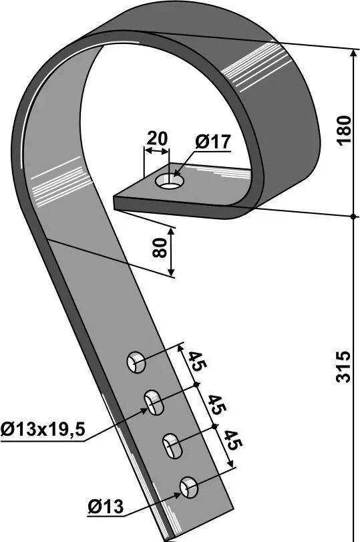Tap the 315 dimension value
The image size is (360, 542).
pyautogui.click(x=344, y=367)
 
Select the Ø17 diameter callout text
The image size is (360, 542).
pyautogui.click(x=213, y=142)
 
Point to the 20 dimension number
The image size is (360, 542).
pyautogui.click(x=157, y=138)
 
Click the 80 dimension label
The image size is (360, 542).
pyautogui.click(x=160, y=247)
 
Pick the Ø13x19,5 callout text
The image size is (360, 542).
pyautogui.click(x=43, y=430)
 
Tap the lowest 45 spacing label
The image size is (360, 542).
pyautogui.click(x=234, y=440)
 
